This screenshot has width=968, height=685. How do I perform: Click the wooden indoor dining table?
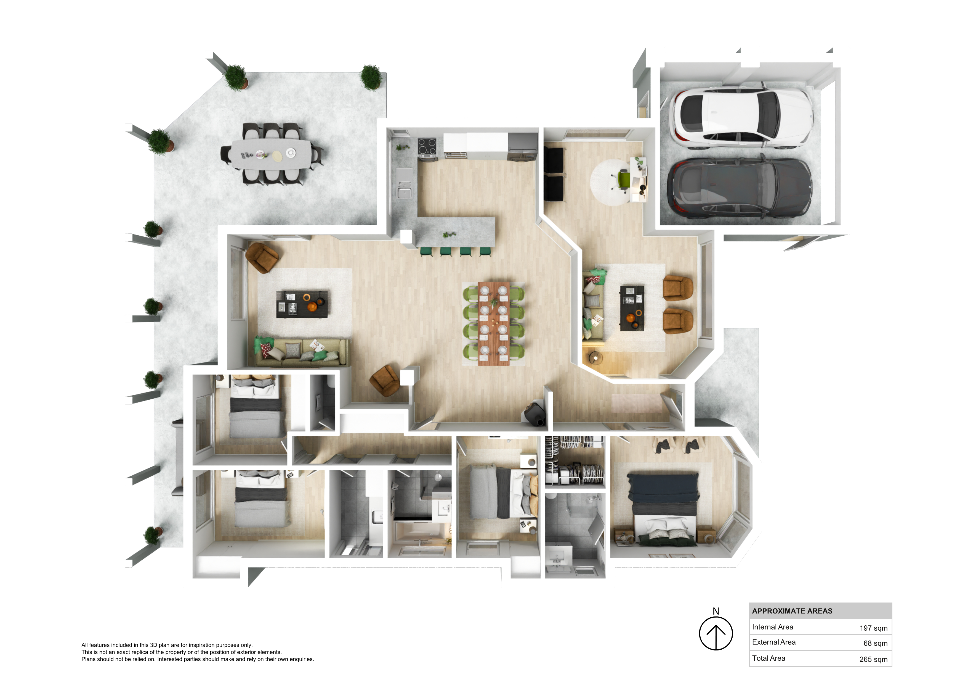coord(494,323)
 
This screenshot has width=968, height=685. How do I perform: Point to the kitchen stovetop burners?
coord(427,146)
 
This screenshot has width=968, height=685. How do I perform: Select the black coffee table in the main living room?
coord(302,304)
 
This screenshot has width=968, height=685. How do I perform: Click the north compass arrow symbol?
coord(716,634)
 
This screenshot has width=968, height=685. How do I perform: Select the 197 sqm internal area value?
coord(874,628)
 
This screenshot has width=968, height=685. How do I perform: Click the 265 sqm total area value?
coord(874,659)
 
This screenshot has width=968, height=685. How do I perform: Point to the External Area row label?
coord(774,642)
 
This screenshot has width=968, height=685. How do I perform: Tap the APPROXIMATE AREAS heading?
coord(792,611)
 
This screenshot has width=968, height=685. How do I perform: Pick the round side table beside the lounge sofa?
coord(595,358)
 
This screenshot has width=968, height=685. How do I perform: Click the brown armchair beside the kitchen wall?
coord(261,257)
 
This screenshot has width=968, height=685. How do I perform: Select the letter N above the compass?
coord(716,611)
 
